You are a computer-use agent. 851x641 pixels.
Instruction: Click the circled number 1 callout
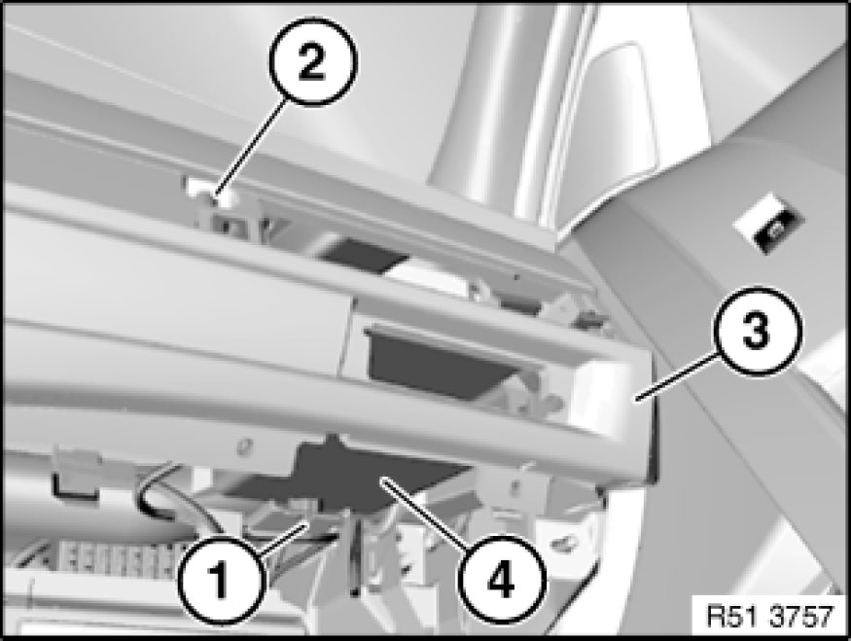coord(221,580)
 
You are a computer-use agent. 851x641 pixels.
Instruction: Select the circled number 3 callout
coord(756,331)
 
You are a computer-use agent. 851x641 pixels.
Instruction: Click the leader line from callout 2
coord(251,152)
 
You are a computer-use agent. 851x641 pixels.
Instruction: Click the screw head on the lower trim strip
coord(245,446)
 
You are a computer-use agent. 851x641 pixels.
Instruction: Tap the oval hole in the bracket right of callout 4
coord(564,541)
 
